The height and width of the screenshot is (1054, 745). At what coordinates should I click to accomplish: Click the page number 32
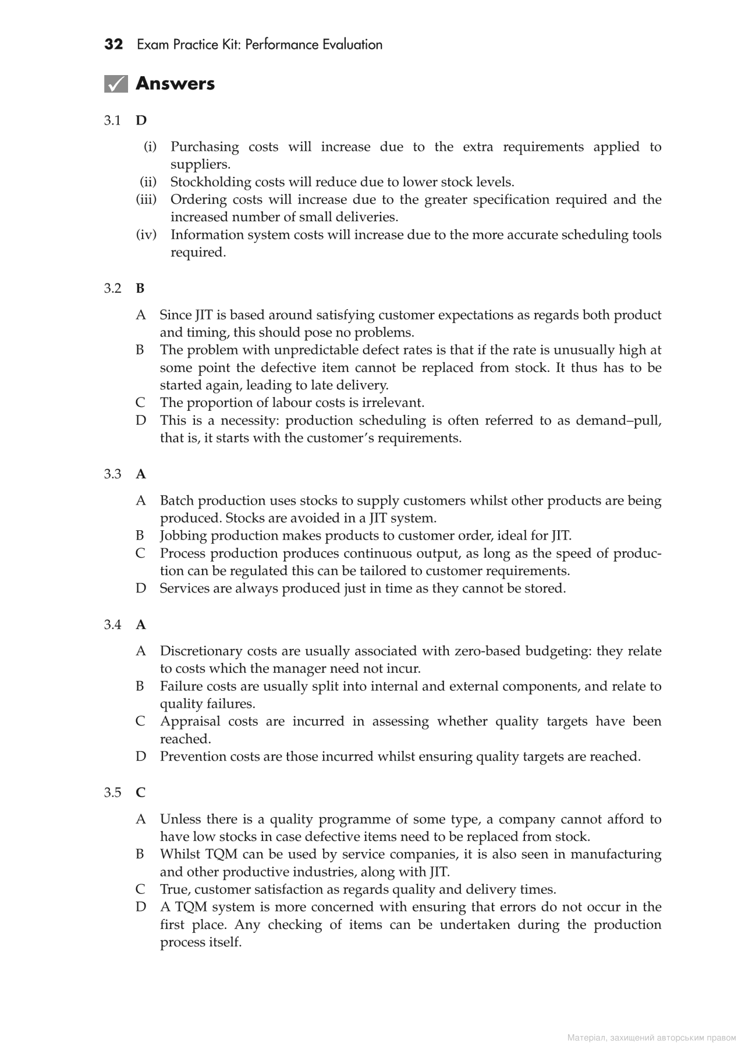pos(113,45)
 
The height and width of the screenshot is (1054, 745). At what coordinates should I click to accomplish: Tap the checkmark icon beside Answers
pos(116,84)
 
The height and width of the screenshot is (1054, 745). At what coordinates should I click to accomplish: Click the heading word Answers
pos(175,84)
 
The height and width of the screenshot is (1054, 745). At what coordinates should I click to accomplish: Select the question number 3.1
pos(112,120)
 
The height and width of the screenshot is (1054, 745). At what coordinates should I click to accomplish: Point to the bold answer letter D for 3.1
pos(141,120)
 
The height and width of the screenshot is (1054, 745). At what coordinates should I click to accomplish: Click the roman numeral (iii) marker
pos(147,200)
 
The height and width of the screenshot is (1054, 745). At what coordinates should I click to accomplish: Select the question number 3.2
pos(112,289)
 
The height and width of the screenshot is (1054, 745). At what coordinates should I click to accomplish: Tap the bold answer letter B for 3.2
pos(140,289)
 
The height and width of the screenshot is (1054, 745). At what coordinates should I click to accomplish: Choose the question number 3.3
pos(112,474)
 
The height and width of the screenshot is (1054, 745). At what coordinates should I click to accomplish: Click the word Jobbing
pos(183,535)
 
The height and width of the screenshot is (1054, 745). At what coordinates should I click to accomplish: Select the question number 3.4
pos(112,625)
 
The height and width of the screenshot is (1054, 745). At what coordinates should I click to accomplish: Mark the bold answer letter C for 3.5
pos(141,793)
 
